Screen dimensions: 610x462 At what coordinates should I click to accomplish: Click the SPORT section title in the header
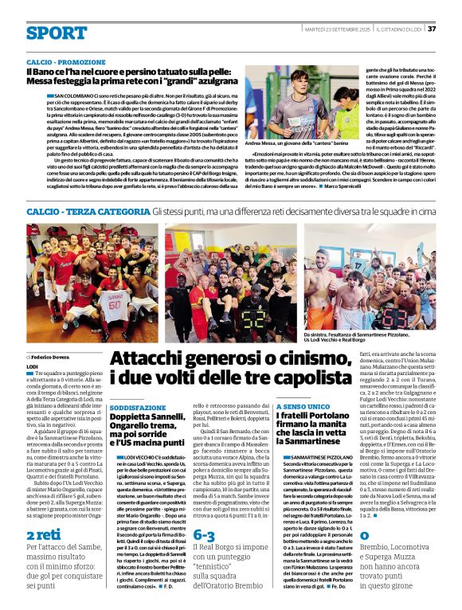pyautogui.click(x=56, y=33)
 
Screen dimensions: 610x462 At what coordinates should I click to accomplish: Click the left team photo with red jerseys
pyautogui.click(x=92, y=282)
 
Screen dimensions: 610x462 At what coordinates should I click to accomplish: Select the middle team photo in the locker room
pyautogui.click(x=231, y=282)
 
